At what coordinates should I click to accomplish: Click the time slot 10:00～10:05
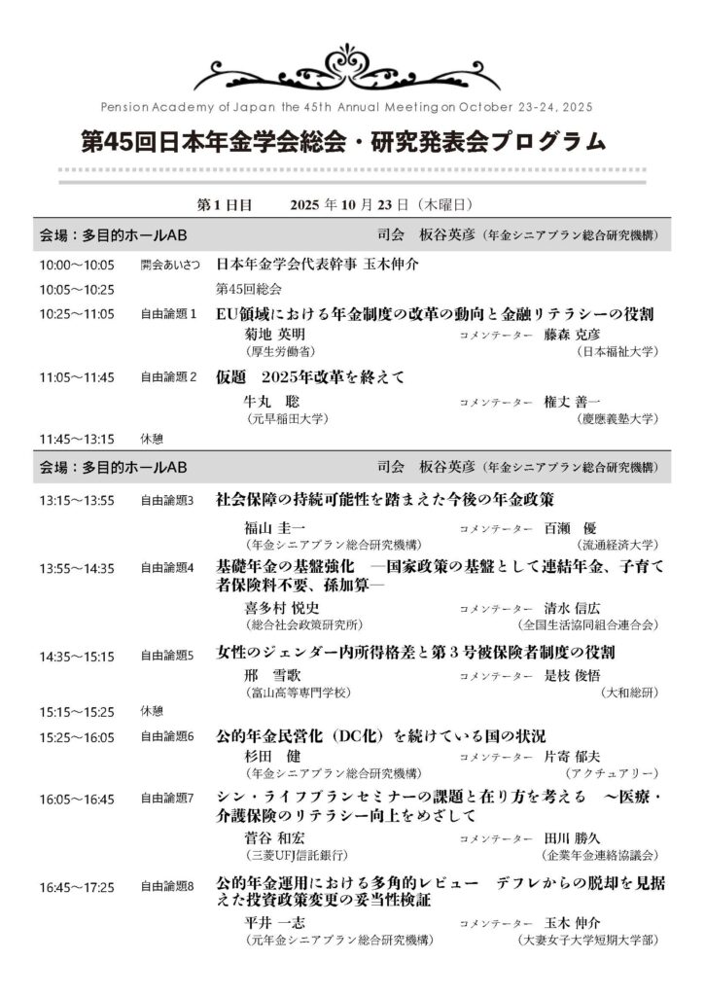pos(77,265)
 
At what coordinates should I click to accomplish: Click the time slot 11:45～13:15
pos(77,439)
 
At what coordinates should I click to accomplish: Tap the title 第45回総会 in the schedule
pos(248,289)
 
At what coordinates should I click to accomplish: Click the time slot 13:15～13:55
pos(77,501)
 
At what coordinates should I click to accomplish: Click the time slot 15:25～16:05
pos(77,736)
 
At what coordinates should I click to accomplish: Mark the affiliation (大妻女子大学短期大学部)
pos(589,940)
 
